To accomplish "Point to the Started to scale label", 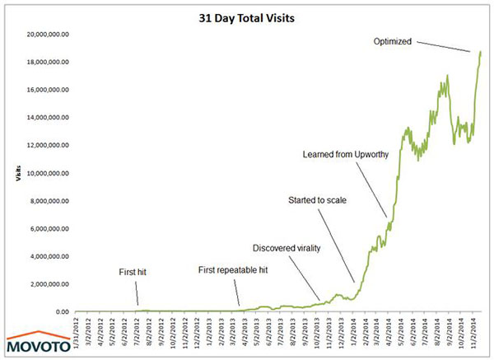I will (317, 200).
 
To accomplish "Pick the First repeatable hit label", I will (234, 269).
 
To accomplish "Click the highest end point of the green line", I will (480, 52).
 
